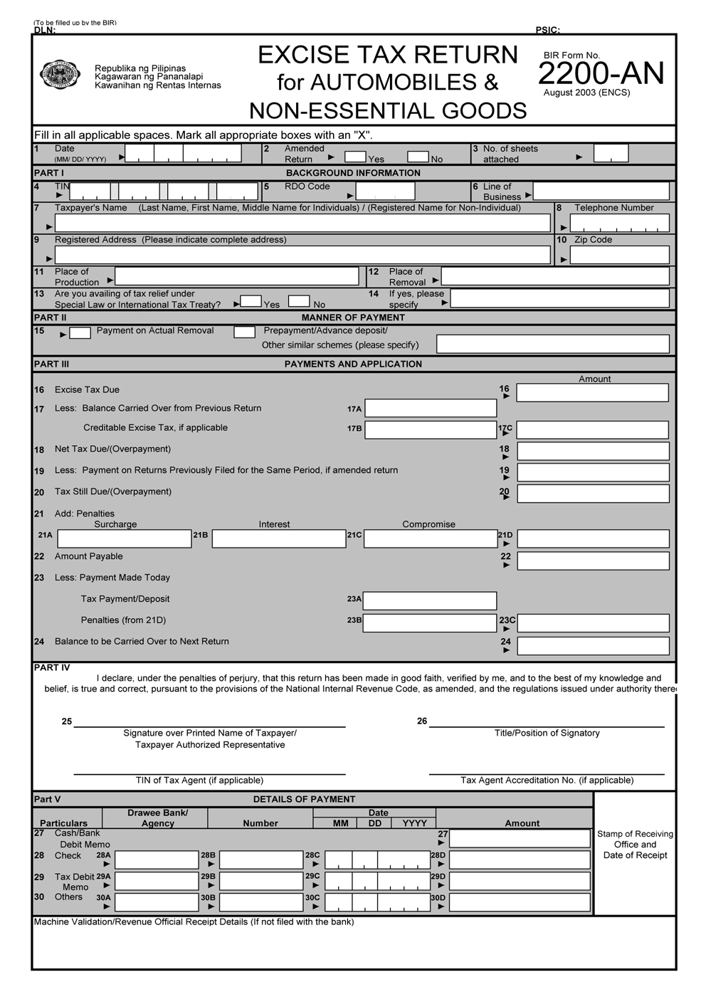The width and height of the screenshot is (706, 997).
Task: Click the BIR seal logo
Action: point(60,74)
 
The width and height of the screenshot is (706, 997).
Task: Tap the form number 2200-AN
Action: point(601,73)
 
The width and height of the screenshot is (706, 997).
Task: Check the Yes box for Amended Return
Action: point(355,157)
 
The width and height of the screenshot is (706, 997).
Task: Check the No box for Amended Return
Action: point(418,157)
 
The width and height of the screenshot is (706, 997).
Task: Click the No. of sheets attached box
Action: point(611,153)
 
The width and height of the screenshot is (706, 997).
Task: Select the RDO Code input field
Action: point(385,191)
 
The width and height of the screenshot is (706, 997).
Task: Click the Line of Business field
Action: point(601,191)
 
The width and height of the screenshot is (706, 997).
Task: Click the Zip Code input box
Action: point(619,255)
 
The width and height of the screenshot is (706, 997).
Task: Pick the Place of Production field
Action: point(236,276)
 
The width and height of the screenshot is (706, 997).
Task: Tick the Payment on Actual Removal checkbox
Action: point(80,333)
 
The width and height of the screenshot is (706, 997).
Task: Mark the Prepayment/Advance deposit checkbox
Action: point(244,332)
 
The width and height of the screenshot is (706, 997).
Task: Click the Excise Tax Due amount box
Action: point(592,392)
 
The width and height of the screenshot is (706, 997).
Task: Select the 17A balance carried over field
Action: point(431,408)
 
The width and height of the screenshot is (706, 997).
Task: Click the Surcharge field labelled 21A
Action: point(124,538)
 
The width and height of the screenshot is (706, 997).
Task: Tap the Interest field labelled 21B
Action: point(278,538)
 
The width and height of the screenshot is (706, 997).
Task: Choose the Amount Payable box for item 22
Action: point(593,560)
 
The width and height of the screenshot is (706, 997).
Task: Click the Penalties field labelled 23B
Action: point(430,622)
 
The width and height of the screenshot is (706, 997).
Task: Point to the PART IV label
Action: point(51,667)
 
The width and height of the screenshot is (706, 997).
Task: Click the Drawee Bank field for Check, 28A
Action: point(156,860)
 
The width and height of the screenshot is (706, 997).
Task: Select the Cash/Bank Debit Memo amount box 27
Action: point(520,838)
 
